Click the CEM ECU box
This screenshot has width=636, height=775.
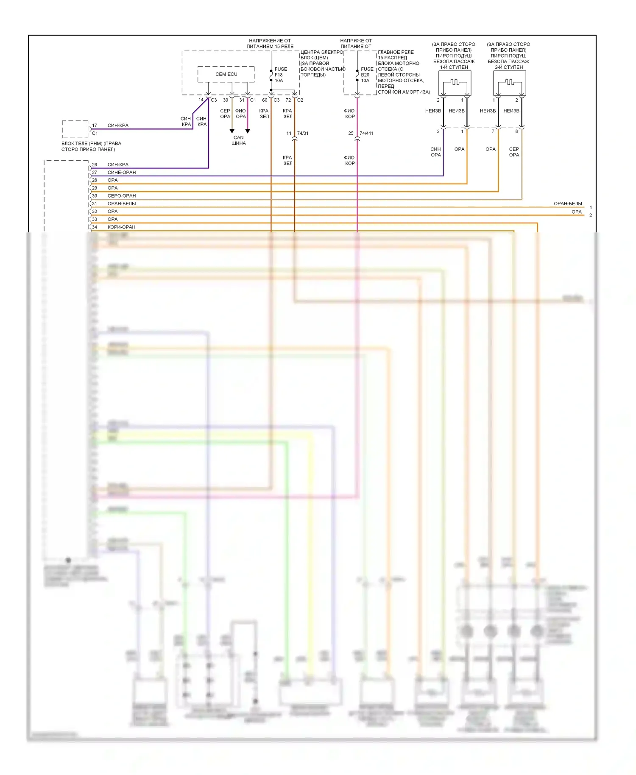coord(226,74)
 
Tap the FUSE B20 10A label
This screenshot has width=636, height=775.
coord(367,75)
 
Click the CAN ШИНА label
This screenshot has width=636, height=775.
coord(239,140)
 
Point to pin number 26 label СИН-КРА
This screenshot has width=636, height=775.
coord(118,164)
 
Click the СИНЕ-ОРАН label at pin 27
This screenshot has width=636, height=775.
coord(122,173)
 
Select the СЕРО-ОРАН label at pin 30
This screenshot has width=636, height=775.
coord(122,196)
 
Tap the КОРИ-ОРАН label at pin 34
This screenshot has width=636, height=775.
coord(121,227)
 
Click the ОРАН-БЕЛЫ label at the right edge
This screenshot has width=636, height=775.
coord(568,204)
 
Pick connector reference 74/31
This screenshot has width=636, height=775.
coord(303,133)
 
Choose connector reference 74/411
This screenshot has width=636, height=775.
coord(366,133)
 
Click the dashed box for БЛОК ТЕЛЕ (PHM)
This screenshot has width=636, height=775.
coord(75,129)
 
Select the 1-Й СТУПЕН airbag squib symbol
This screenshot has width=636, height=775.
coord(455,83)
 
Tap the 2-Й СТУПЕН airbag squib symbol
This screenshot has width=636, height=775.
coord(510,83)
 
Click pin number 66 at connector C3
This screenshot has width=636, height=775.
coord(265,100)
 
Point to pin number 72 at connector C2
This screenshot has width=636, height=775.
coord(288,100)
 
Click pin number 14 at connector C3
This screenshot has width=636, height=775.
coord(201,100)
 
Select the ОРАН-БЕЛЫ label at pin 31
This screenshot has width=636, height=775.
coord(122,204)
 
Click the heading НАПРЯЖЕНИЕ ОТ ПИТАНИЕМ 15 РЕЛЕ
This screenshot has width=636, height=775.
coord(270,44)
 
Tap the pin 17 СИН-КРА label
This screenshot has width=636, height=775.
coord(118,125)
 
